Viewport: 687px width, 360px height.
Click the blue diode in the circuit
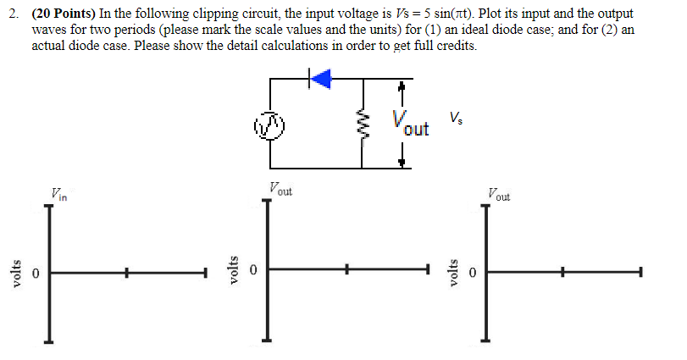(321, 79)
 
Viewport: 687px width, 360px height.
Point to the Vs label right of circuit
(457, 116)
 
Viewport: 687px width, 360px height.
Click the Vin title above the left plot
(58, 194)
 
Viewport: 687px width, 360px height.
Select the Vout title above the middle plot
(280, 190)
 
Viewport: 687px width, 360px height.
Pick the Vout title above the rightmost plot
(498, 194)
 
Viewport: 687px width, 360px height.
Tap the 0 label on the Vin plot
(36, 274)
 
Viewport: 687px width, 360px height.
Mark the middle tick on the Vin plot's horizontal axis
(126, 273)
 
